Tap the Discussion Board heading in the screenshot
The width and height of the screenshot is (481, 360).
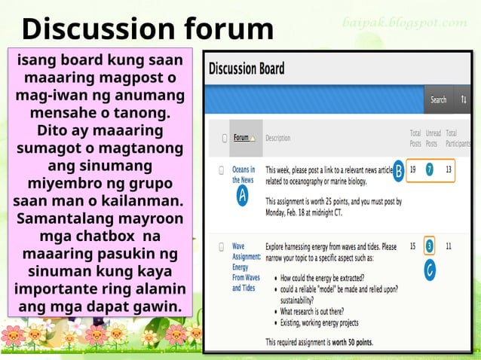pyautogui.click(x=247, y=69)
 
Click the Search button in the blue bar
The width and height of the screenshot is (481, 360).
pyautogui.click(x=438, y=99)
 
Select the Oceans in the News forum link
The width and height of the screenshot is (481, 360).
pyautogui.click(x=243, y=175)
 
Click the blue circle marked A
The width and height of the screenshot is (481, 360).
pyautogui.click(x=242, y=196)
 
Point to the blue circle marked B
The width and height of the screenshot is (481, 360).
pyautogui.click(x=398, y=172)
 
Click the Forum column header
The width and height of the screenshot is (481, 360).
pyautogui.click(x=244, y=138)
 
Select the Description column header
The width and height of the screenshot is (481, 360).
pyautogui.click(x=277, y=139)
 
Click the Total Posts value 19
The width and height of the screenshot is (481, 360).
pyautogui.click(x=412, y=169)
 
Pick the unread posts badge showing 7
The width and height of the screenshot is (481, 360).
pyautogui.click(x=429, y=169)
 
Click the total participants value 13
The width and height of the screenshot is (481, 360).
pyautogui.click(x=449, y=169)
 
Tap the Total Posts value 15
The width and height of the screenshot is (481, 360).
pyautogui.click(x=412, y=246)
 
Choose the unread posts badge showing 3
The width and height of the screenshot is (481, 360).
pyautogui.click(x=429, y=246)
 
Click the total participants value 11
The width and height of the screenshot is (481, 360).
pyautogui.click(x=449, y=246)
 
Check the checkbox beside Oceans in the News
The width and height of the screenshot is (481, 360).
pyautogui.click(x=223, y=170)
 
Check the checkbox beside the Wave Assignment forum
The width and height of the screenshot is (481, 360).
pyautogui.click(x=223, y=246)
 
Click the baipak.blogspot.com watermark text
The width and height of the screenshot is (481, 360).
pyautogui.click(x=404, y=23)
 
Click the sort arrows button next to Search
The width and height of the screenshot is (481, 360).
pyautogui.click(x=463, y=99)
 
